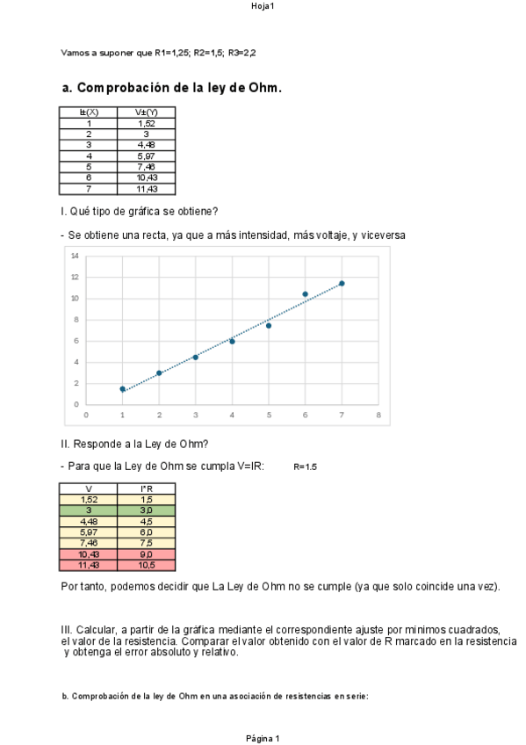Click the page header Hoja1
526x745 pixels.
pos(263,6)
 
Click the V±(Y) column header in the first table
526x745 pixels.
pos(147,112)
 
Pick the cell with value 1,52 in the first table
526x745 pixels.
pos(147,123)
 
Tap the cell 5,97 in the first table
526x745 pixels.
pos(147,156)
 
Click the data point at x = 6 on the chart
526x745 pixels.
pos(305,294)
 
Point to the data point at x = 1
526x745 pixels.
pos(123,388)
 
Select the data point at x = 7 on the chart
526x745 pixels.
pos(342,283)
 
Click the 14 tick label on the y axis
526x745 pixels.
pos(75,256)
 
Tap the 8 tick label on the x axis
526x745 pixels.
pos(378,414)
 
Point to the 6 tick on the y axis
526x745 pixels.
pos(76,341)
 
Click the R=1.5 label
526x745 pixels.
pos(305,467)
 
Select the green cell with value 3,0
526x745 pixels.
pos(147,510)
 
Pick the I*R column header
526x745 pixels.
pos(147,488)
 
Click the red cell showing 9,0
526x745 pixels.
pos(147,554)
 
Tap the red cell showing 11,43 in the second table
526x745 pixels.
pos(89,565)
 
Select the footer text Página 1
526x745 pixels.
pos(263,738)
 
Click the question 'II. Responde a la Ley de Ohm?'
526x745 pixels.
pos(134,445)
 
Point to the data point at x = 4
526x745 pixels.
pos(232,341)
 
